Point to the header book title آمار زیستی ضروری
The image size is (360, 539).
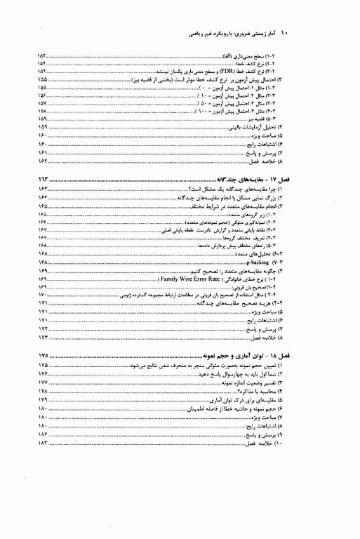pos(265,33)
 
